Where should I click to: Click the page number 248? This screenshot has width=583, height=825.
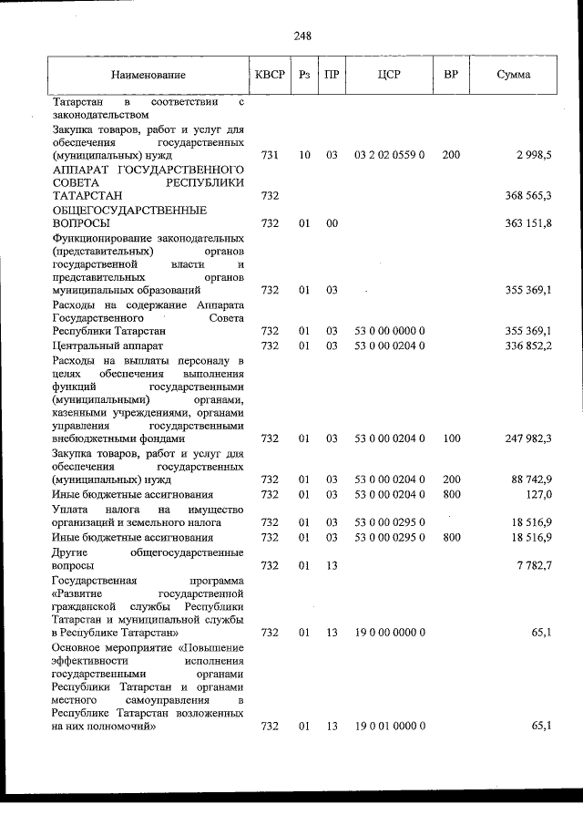[x=302, y=36]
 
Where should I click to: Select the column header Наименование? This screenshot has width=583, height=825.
[x=148, y=75]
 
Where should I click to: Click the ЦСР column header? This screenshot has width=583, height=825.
[x=389, y=75]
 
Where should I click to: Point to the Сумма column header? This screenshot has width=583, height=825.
[x=514, y=75]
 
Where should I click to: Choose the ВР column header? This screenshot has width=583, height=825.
[x=450, y=75]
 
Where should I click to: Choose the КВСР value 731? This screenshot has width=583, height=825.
[x=270, y=156]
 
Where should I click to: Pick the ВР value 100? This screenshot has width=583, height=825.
[x=451, y=438]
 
